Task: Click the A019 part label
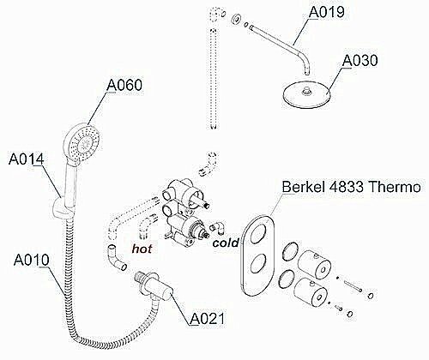pyautogui.click(x=327, y=13)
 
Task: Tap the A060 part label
pyautogui.click(x=124, y=86)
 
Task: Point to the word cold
pyautogui.click(x=226, y=243)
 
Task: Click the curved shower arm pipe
pyautogui.click(x=283, y=43)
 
